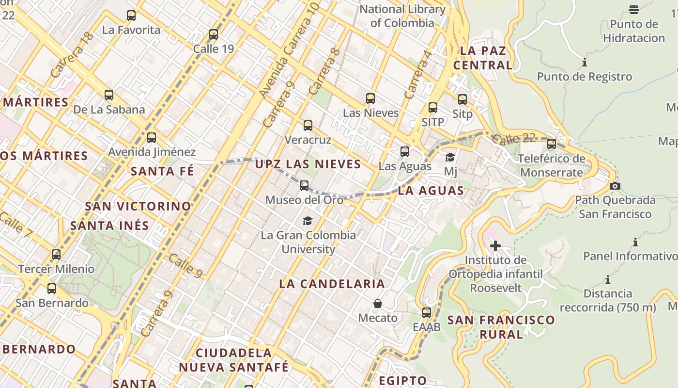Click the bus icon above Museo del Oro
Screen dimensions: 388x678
304,185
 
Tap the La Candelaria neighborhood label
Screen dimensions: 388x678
332,284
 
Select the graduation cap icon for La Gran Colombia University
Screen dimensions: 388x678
308,221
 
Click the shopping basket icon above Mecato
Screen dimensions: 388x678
378,304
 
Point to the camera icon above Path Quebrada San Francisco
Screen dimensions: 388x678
615,186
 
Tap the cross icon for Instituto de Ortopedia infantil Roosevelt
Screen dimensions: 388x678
495,246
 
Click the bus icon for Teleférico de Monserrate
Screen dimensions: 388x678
552,144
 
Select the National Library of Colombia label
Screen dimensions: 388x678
402,16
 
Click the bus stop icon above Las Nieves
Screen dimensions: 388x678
370,98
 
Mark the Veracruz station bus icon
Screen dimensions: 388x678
308,126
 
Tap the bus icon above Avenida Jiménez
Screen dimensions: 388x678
152,138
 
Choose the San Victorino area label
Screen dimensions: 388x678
138,206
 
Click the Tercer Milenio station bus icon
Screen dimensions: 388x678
56,254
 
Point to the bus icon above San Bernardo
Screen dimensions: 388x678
52,289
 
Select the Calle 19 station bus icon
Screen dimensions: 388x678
214,34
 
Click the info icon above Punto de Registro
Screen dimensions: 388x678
585,62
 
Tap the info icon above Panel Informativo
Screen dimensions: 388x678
635,242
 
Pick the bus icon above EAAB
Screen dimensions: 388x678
427,312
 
